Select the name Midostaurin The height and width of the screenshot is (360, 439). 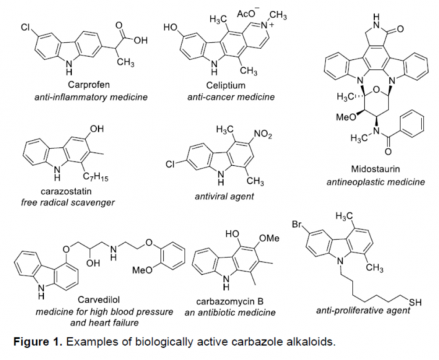pos(374,170)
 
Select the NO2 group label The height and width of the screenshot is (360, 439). pos(247,134)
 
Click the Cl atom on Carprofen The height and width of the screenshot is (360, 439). pos(24,28)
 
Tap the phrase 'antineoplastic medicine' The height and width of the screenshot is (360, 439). pos(375,183)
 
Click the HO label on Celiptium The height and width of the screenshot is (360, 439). pos(172,28)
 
